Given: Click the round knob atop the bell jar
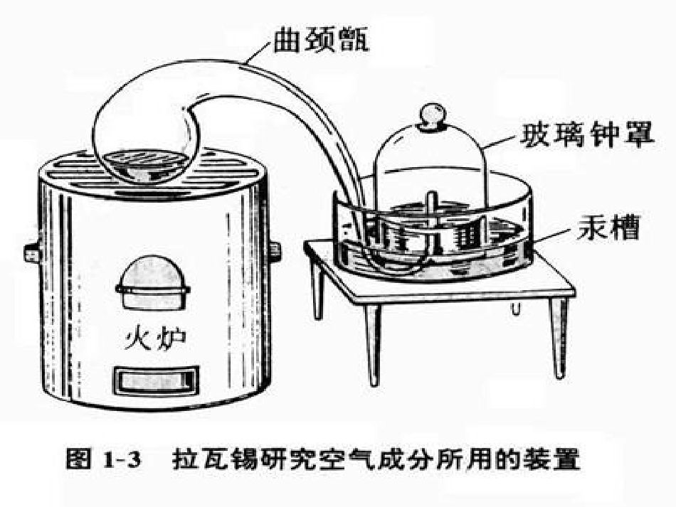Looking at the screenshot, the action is pos(431,115).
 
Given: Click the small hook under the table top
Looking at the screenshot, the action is pos(514,306).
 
